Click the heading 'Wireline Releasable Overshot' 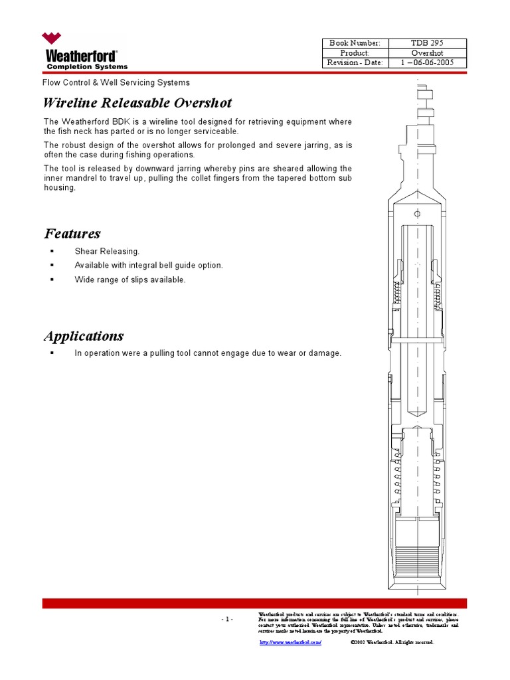(137, 103)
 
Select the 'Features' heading (72, 234)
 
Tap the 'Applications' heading (84, 336)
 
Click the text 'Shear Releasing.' (107, 251)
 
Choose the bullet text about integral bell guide (149, 265)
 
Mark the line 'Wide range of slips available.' (130, 280)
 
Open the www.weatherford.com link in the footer (290, 643)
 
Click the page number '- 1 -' (226, 620)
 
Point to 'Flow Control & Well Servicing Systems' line (116, 83)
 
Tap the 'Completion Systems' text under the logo (86, 66)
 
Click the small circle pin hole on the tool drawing (417, 214)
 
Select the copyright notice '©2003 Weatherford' (392, 643)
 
